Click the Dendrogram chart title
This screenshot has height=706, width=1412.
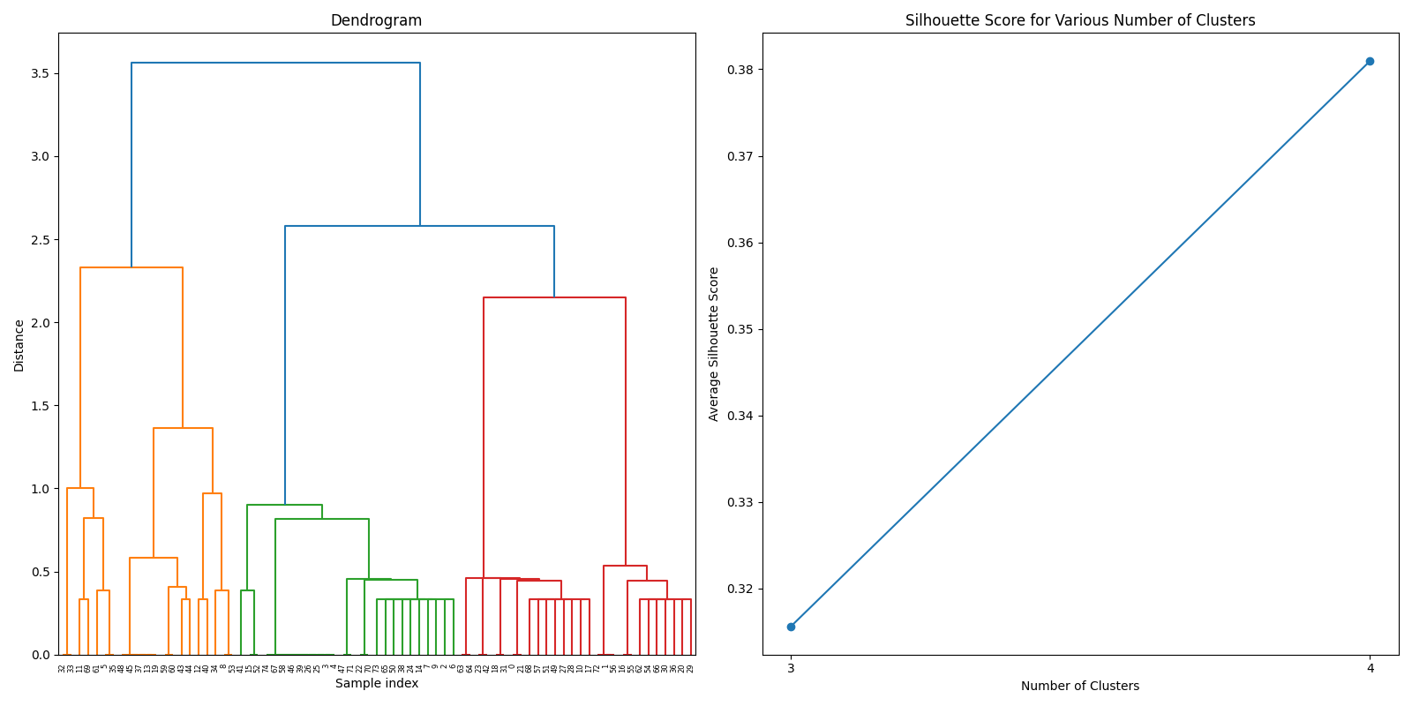(x=376, y=20)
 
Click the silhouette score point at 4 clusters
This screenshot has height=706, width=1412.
(x=1370, y=61)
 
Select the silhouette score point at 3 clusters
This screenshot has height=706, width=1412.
(x=791, y=627)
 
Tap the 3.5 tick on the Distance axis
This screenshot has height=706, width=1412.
(x=38, y=73)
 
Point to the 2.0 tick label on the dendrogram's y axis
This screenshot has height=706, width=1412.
(x=38, y=323)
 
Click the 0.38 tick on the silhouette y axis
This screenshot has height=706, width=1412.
(x=740, y=70)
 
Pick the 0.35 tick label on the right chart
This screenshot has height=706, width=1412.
(x=740, y=329)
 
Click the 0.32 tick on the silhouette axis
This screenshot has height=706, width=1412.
(x=740, y=589)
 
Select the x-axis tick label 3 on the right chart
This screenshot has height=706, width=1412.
(x=791, y=668)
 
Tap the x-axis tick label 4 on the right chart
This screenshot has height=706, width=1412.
(x=1370, y=668)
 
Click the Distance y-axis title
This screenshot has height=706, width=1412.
(x=19, y=345)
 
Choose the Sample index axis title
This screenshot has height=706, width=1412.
(x=376, y=683)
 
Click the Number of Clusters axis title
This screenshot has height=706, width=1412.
(x=1079, y=686)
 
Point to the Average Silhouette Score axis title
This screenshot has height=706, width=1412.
(x=714, y=343)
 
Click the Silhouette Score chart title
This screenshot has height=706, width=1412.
(x=1079, y=20)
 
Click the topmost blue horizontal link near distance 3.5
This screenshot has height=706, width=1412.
(x=275, y=63)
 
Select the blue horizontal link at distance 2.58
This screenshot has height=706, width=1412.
(x=419, y=226)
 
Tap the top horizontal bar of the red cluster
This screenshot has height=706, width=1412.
(x=554, y=297)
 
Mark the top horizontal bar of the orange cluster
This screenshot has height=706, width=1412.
(x=131, y=267)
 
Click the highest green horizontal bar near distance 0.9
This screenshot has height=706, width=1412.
(x=284, y=505)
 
